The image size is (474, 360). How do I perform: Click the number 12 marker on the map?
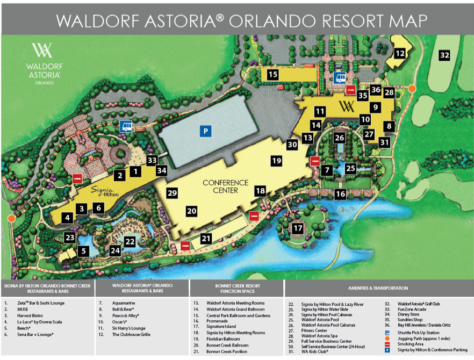pyautogui.click(x=400, y=53)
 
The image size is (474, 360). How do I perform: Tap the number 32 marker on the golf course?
pyautogui.click(x=443, y=55)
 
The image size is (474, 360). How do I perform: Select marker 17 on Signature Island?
pyautogui.click(x=298, y=228)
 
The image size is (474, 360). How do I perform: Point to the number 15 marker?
pyautogui.click(x=273, y=75)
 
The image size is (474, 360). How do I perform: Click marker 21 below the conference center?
pyautogui.click(x=206, y=238)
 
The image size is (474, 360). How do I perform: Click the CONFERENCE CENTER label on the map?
pyautogui.click(x=225, y=186)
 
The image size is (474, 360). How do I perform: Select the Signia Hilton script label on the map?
pyautogui.click(x=103, y=190)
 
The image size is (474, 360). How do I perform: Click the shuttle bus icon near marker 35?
pyautogui.click(x=339, y=78)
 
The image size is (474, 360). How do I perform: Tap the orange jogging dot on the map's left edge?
pyautogui.click(x=11, y=218)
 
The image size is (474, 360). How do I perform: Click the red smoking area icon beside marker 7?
pyautogui.click(x=315, y=161)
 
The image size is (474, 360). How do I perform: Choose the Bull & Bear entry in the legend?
pyautogui.click(x=123, y=309)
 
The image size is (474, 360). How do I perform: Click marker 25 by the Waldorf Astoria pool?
pyautogui.click(x=350, y=168)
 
